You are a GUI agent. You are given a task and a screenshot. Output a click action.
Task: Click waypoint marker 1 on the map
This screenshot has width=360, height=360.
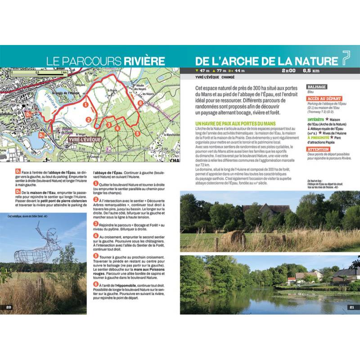pos(85,104)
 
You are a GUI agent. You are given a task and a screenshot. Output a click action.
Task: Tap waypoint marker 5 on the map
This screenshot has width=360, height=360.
pos(138,134)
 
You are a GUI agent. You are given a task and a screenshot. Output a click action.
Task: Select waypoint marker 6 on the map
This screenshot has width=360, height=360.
pos(140,103)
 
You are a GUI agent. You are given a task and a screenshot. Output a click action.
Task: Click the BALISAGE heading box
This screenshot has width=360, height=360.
pos(316,86)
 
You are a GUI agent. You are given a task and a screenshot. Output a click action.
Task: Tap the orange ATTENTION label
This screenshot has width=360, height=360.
pos(318,149)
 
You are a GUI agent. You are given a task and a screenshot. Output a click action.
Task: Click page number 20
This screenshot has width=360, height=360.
pos(9,307)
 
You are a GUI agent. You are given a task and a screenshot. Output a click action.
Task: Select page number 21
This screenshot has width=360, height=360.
pos(351,307)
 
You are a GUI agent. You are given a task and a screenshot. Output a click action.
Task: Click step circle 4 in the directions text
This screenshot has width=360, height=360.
pos(95,236)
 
